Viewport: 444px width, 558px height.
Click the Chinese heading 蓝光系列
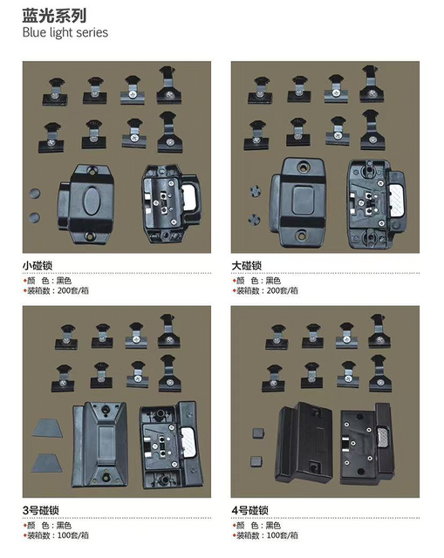(54, 16)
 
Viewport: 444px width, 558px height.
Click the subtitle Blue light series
(65, 33)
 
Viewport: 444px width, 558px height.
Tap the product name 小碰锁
(38, 265)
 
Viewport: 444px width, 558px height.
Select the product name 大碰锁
(246, 265)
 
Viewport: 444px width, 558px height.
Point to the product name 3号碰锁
(41, 510)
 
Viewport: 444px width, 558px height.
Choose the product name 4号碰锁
(250, 510)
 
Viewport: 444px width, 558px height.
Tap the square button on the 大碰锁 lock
(303, 200)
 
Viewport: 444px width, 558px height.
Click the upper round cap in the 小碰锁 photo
(35, 194)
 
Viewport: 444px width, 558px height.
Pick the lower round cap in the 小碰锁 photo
(34, 217)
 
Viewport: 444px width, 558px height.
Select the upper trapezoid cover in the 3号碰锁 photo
(47, 428)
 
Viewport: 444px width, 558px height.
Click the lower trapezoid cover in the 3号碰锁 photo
(46, 463)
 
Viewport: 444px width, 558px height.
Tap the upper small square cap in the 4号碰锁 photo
(257, 433)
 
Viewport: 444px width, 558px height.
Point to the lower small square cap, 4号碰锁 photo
(256, 461)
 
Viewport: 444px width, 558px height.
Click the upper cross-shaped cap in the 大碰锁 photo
(255, 191)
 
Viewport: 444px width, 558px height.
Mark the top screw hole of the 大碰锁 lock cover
(304, 166)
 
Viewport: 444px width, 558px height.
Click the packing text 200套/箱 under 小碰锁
(73, 290)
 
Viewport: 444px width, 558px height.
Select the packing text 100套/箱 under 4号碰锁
(283, 535)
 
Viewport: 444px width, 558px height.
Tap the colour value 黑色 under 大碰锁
(273, 281)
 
